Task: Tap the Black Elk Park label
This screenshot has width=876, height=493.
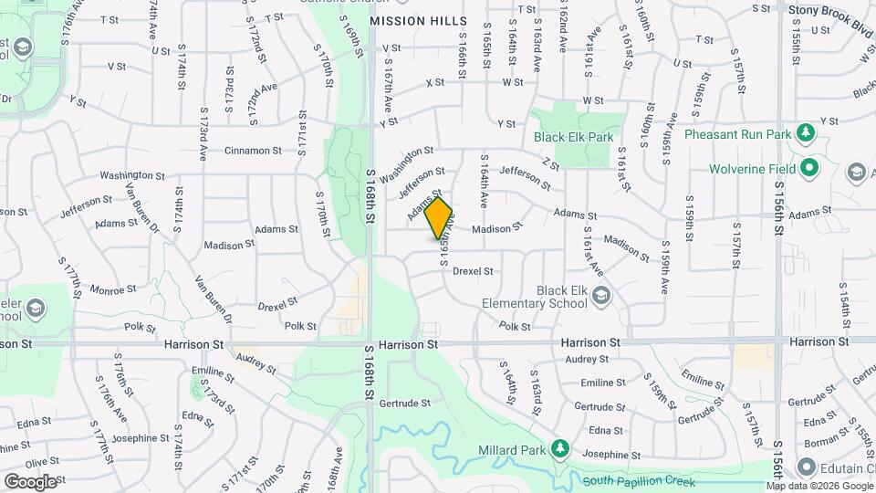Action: (573, 137)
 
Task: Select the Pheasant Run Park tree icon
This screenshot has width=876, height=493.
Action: (805, 134)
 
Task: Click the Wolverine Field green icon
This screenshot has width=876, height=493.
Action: (808, 168)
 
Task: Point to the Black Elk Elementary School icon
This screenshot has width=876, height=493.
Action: (601, 295)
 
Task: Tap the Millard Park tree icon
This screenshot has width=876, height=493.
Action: (560, 450)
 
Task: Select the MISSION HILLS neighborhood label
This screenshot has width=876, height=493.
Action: (418, 20)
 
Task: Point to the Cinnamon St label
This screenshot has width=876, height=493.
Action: (253, 151)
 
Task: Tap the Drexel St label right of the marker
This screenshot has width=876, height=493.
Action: (473, 271)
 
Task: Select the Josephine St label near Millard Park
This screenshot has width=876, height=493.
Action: (611, 455)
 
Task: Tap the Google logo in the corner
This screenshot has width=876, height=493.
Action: (29, 481)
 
